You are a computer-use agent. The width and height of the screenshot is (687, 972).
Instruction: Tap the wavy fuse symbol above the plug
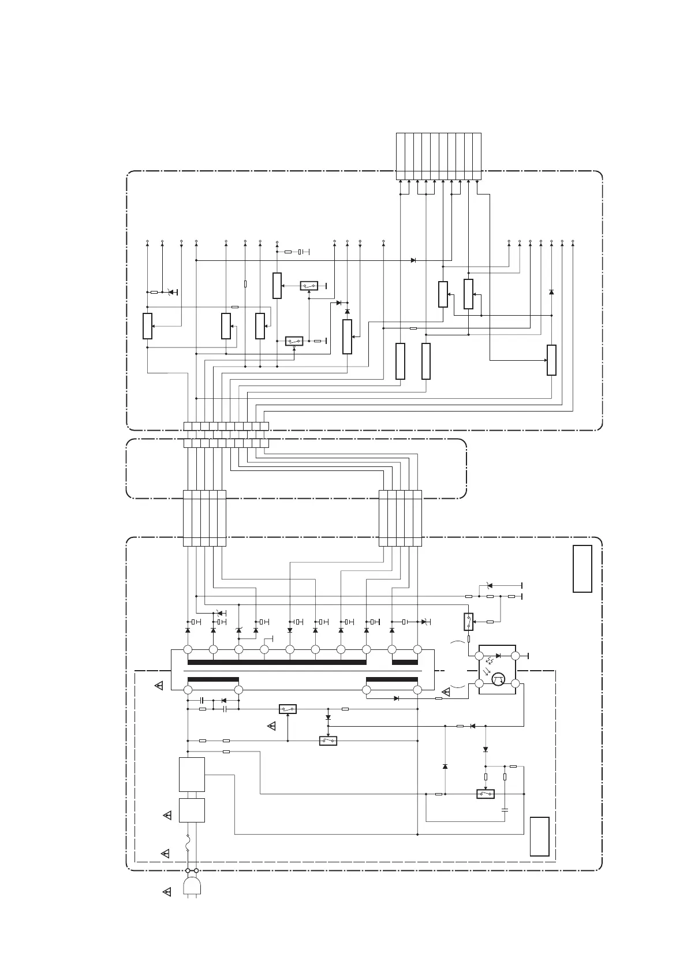tap(188, 845)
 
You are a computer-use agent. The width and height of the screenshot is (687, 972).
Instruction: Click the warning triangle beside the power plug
tap(167, 892)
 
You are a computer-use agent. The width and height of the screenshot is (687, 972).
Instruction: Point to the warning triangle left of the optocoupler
tap(446, 692)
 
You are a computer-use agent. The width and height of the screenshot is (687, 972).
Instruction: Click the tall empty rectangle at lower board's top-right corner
tap(582, 569)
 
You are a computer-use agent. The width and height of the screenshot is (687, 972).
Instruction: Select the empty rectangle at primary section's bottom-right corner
tap(539, 836)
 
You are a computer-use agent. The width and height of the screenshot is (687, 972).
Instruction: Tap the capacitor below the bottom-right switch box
tap(505, 810)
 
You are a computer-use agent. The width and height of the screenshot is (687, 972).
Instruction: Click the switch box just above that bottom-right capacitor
tap(486, 794)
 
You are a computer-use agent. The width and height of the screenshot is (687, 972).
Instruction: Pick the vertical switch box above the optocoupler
tap(469, 622)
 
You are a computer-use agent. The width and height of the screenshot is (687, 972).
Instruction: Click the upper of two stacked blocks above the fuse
tap(192, 774)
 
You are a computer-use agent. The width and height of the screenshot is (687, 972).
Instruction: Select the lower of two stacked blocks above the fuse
tap(192, 810)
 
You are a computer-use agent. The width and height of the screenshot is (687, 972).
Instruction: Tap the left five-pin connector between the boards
tap(204, 518)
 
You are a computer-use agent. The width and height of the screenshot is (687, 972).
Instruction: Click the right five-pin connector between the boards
tap(400, 518)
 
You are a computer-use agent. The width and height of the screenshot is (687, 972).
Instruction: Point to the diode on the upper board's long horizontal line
tap(413, 260)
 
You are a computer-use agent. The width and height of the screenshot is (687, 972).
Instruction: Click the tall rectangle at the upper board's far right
tap(551, 360)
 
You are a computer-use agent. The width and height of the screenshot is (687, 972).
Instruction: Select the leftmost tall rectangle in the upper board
tap(147, 326)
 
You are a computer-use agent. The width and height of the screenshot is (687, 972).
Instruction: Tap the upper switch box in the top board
tap(309, 286)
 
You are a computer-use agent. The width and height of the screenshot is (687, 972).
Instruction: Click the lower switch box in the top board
tap(294, 341)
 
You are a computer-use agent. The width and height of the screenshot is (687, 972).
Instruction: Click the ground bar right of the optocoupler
tap(529, 656)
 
